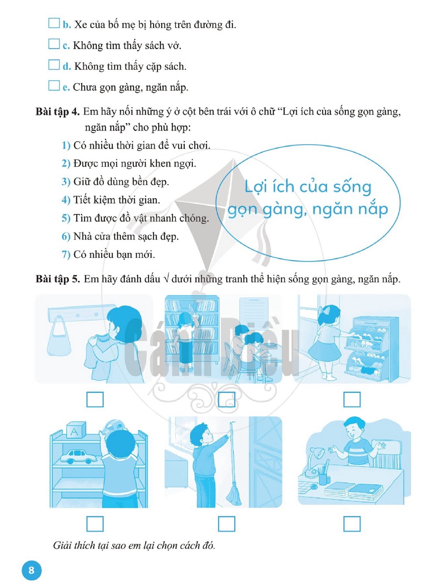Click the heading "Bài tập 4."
tap(58, 112)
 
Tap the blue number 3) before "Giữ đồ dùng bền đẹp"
tap(66, 182)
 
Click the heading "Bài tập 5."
tap(58, 279)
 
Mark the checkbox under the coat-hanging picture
tap(95, 399)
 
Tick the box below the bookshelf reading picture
tap(226, 399)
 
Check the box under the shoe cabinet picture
tap(352, 399)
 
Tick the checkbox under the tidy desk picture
tap(352, 524)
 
